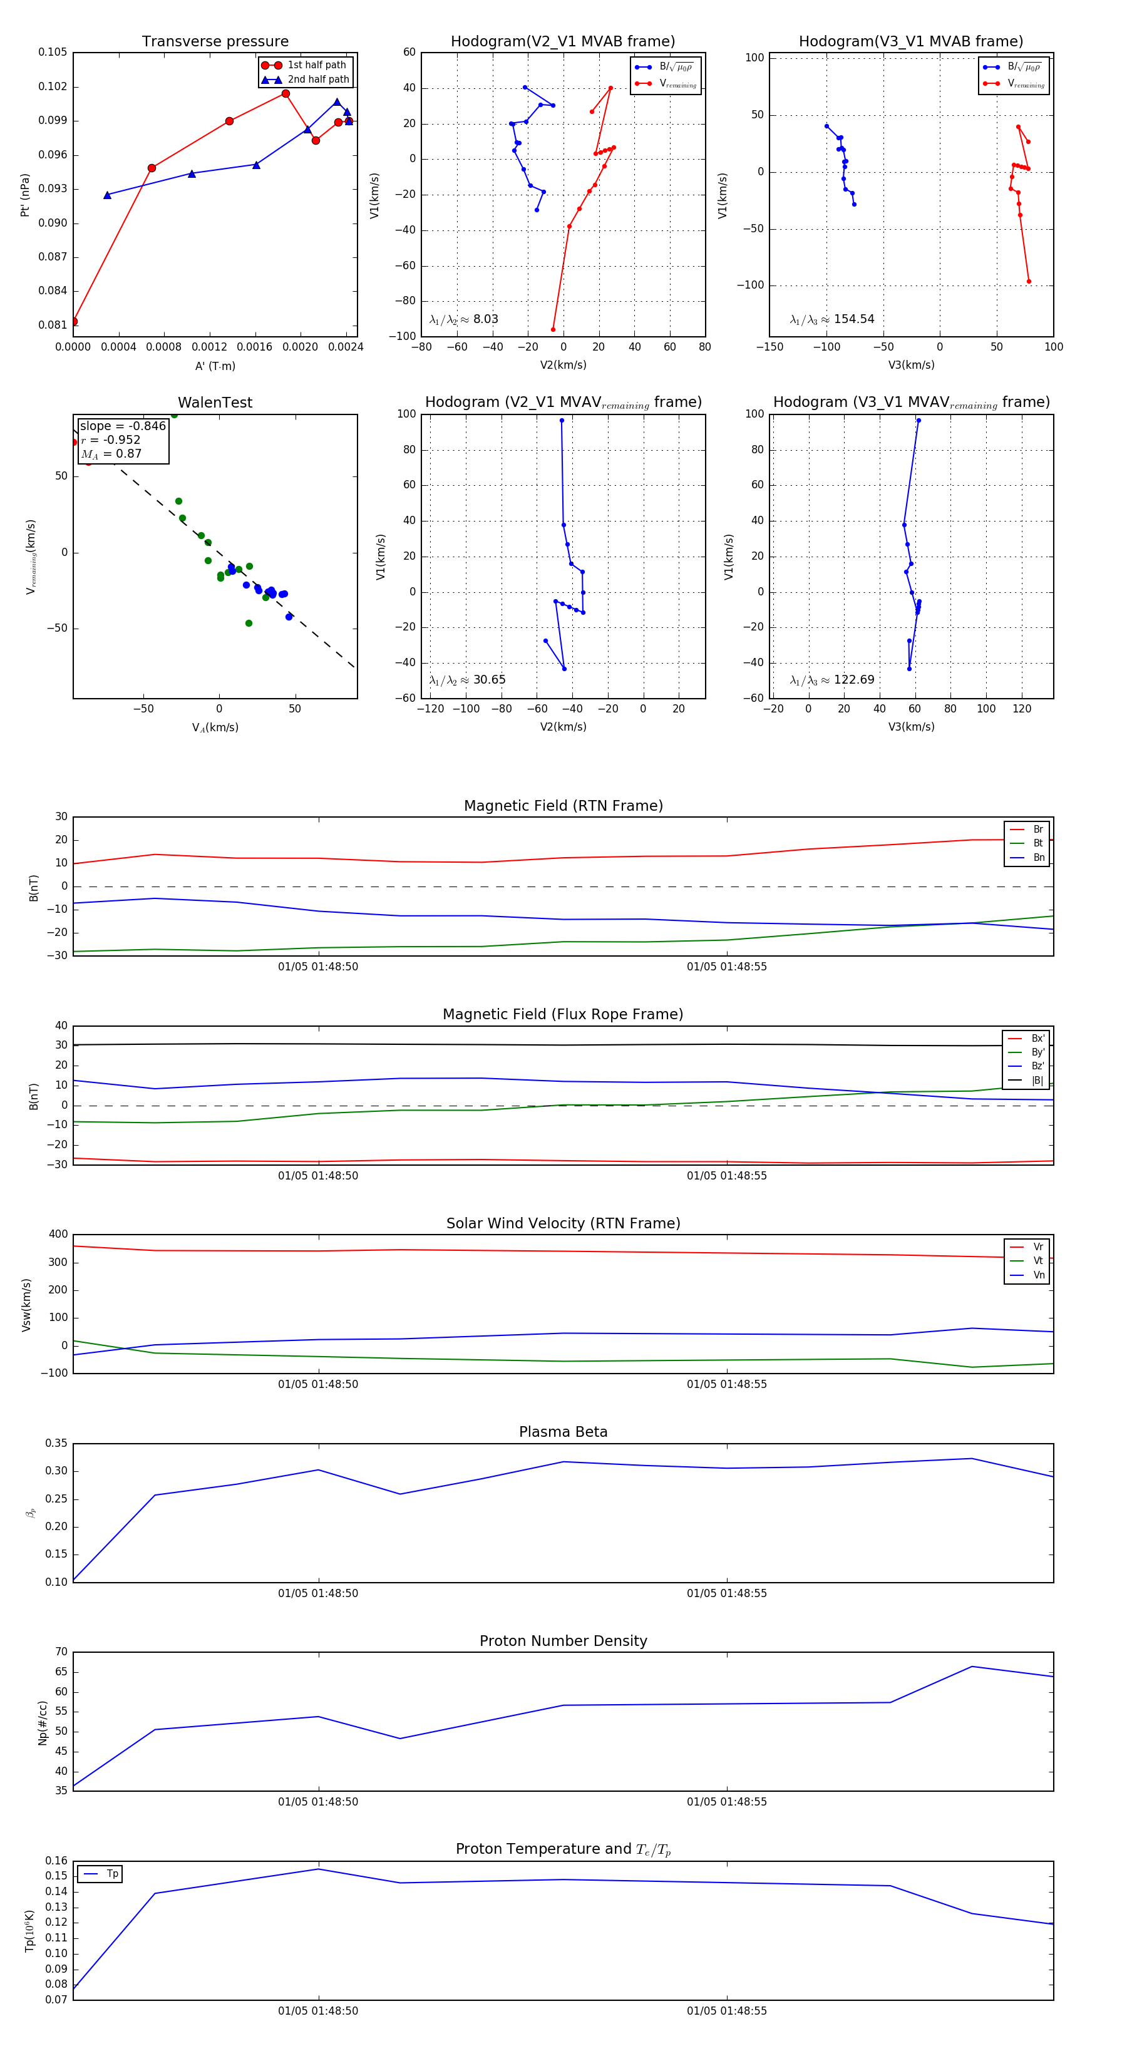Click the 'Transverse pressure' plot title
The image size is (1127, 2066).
coord(215,42)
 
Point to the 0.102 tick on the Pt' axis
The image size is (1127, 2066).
coord(53,86)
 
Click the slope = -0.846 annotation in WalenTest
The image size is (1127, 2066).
coord(123,426)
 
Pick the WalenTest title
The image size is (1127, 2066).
coord(215,403)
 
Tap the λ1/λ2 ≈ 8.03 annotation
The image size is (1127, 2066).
coord(463,319)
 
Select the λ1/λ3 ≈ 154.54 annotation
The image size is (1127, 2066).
coord(832,319)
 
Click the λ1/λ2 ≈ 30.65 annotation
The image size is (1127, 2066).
coord(467,680)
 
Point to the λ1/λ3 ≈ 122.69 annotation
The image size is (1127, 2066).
coord(832,680)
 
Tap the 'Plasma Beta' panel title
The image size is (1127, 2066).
coord(563,1432)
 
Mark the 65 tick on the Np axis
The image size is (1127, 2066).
coord(61,1672)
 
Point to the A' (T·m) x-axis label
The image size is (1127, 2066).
coord(215,366)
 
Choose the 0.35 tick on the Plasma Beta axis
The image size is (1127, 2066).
coord(56,1444)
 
